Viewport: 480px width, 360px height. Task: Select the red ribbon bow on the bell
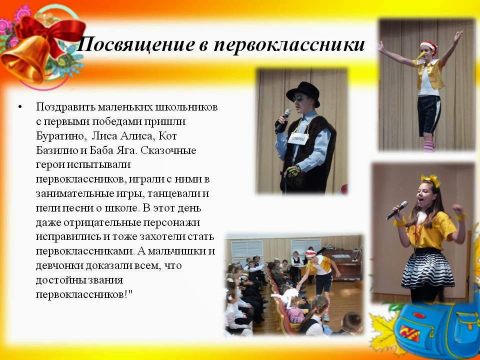tap(50, 32)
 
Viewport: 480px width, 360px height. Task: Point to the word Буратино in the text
tap(59, 136)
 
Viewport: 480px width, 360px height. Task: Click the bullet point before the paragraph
tap(20, 107)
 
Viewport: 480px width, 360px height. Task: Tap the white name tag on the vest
tap(298, 138)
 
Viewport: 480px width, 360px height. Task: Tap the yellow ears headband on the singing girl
tap(430, 180)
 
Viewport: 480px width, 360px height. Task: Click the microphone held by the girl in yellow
tap(396, 210)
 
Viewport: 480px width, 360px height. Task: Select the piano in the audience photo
tap(342, 264)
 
